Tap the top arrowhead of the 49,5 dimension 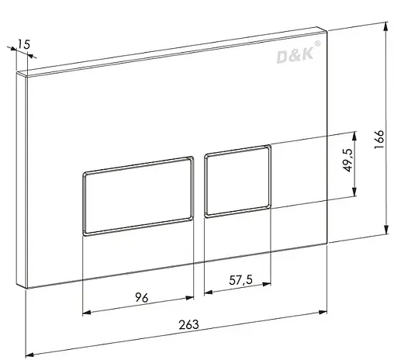[x=354, y=132]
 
